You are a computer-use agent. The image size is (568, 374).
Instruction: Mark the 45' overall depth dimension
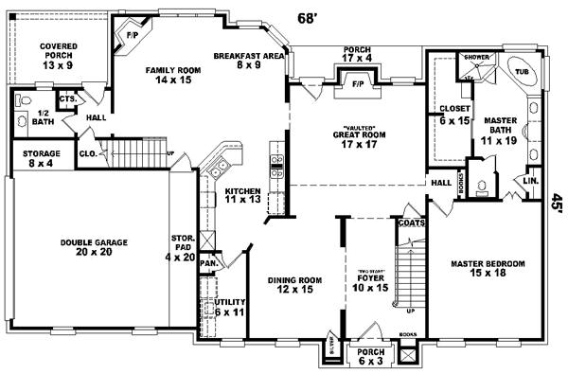coord(557,203)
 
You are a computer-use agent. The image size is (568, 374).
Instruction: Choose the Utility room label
coord(230,306)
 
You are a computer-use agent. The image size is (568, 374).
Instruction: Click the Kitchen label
coord(242,195)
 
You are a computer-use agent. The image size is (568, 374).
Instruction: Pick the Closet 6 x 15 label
coord(448,114)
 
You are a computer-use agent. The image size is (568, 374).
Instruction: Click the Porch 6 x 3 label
coord(364,356)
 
